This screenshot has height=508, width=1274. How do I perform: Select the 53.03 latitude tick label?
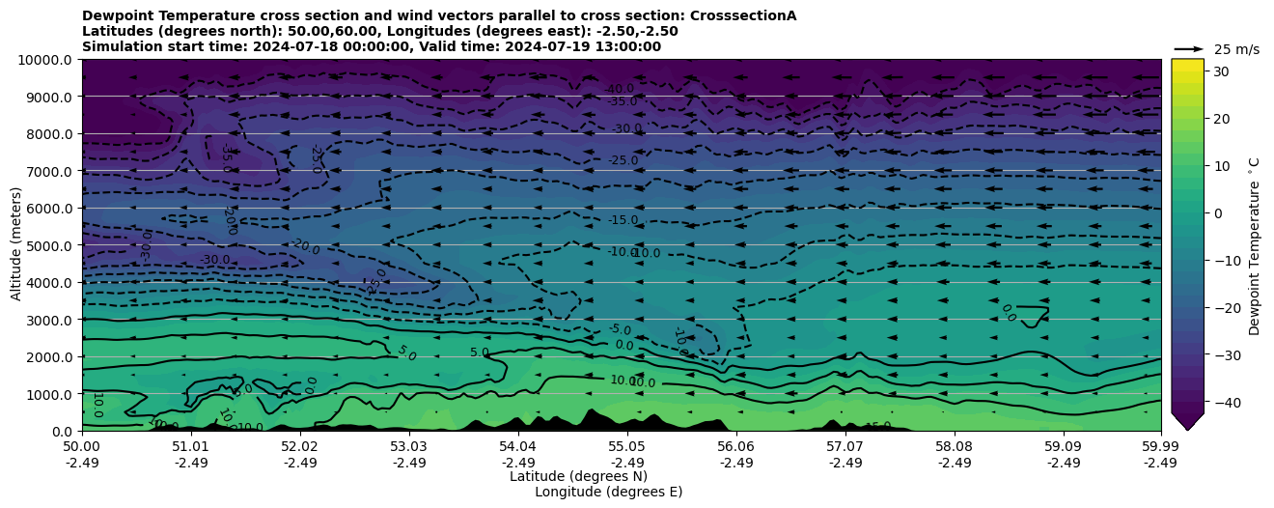(409, 448)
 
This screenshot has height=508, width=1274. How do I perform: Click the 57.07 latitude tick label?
(845, 448)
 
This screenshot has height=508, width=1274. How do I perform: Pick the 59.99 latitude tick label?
(1160, 448)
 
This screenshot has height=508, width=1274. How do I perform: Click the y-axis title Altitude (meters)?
(16, 244)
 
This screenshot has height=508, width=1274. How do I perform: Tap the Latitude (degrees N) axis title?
(578, 476)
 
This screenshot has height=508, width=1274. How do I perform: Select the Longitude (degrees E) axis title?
(608, 492)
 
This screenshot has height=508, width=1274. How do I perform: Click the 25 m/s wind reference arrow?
(1189, 48)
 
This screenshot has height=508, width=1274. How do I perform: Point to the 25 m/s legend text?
(1236, 49)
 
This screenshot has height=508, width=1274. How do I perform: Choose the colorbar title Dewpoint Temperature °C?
(1254, 245)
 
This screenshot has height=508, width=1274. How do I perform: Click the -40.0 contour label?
(619, 89)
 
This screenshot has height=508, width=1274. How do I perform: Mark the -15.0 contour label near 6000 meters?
(623, 220)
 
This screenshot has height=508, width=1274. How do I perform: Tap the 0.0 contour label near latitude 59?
(1009, 313)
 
